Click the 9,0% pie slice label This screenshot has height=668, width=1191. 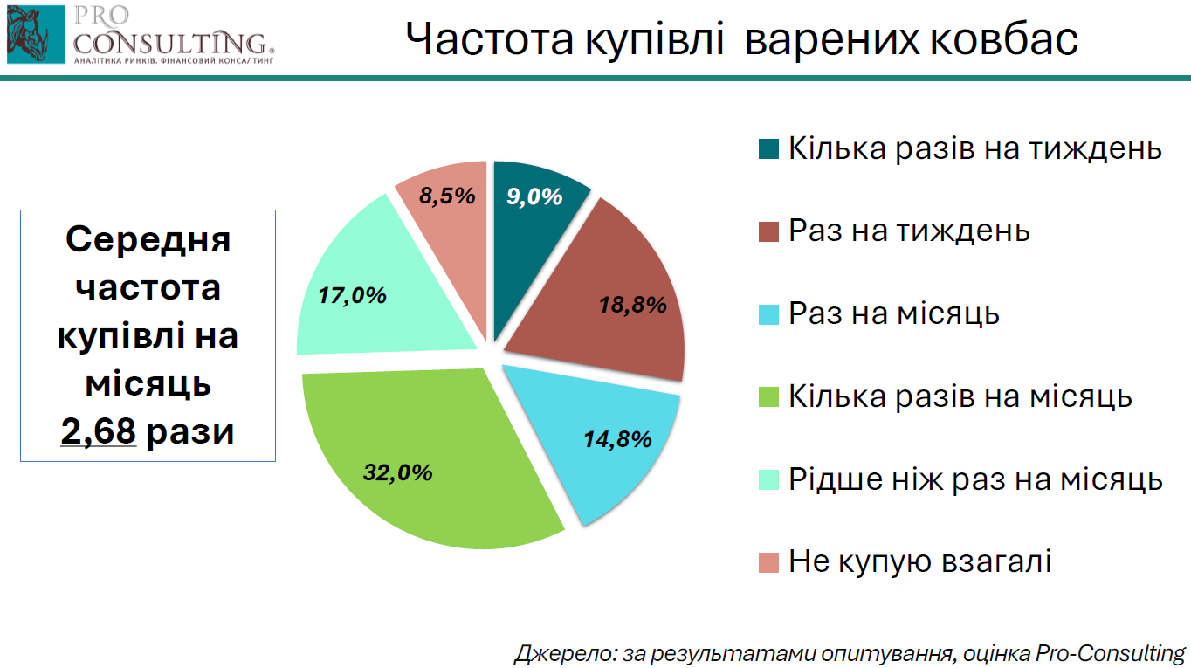tap(534, 196)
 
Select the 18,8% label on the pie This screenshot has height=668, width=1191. tap(633, 306)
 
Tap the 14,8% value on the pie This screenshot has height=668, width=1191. tap(617, 439)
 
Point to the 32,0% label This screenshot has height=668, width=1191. tap(397, 472)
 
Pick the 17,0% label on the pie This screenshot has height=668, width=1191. tap(352, 296)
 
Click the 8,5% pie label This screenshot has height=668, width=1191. tap(447, 196)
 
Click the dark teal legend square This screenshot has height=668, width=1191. tap(768, 149)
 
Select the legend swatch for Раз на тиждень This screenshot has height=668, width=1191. tap(768, 231)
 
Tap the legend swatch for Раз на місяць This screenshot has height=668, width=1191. tap(768, 314)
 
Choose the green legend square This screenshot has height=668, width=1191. tap(768, 396)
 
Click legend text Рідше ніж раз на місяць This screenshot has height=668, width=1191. tap(975, 479)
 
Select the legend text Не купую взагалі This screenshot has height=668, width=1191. tap(919, 561)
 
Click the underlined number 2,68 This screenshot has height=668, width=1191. tap(99, 430)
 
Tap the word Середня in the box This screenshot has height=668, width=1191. tap(148, 239)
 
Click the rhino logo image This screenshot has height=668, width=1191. tap(36, 35)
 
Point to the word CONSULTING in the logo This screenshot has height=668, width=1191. tap(174, 43)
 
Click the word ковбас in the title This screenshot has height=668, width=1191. tap(1004, 38)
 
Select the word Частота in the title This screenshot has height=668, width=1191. tap(489, 38)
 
